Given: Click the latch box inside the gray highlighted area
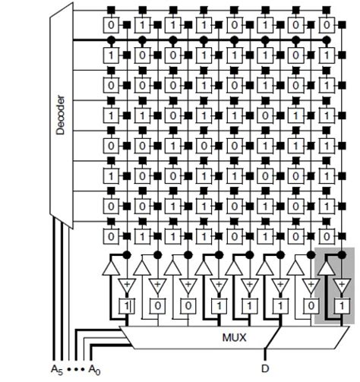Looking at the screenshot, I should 341,305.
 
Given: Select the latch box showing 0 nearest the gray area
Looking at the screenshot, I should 310,305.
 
